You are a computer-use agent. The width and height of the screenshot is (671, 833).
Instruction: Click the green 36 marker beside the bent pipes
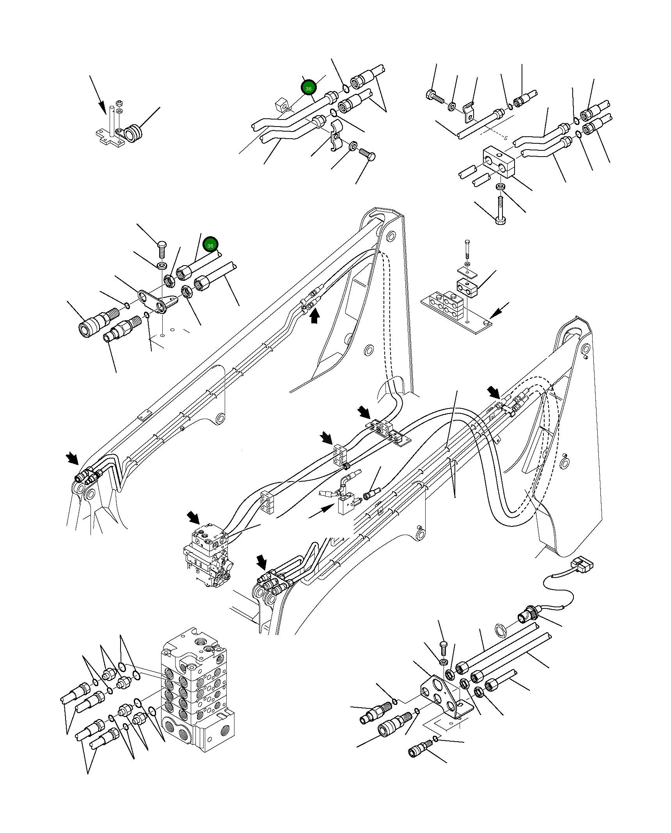308,88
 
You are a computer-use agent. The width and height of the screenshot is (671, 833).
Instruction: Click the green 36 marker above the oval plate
210,245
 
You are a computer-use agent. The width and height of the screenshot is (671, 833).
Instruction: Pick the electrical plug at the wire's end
582,565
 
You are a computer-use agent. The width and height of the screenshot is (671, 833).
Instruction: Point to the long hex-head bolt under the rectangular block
500,210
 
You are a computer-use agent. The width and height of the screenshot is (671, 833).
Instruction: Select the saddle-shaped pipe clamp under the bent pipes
335,136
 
